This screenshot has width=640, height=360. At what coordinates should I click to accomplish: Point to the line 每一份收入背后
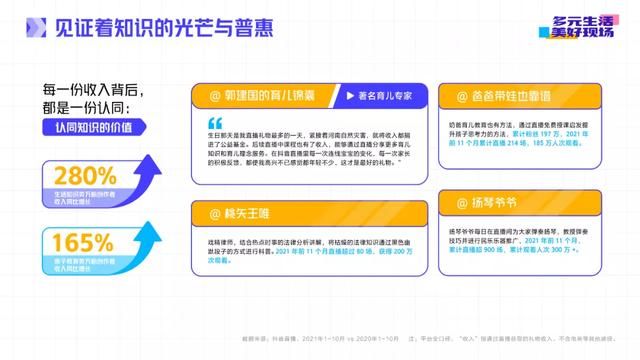(87, 86)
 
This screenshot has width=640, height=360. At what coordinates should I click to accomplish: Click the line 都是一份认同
(83, 105)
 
